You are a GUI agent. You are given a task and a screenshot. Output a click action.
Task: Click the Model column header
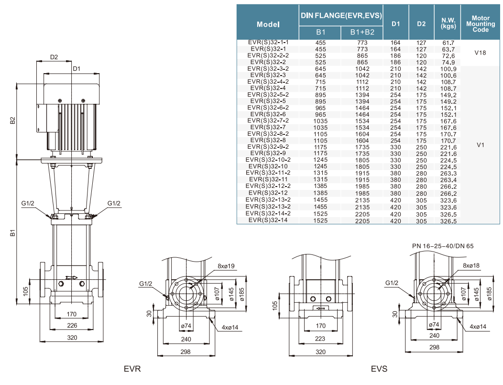[268, 24]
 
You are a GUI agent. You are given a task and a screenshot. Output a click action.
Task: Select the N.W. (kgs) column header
[448, 23]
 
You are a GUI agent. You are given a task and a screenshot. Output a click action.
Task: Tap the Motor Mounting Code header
[481, 24]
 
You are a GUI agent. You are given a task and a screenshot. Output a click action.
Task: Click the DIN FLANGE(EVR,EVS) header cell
[341, 15]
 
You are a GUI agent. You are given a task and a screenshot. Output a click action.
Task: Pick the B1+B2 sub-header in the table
[362, 32]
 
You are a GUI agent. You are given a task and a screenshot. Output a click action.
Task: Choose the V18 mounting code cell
[480, 53]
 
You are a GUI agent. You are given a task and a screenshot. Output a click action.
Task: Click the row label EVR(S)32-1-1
[268, 43]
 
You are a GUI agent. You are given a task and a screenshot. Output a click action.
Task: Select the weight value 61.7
[448, 43]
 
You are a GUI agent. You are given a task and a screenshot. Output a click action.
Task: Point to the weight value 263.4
[448, 180]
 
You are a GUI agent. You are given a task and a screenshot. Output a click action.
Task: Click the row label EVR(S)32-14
[268, 220]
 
